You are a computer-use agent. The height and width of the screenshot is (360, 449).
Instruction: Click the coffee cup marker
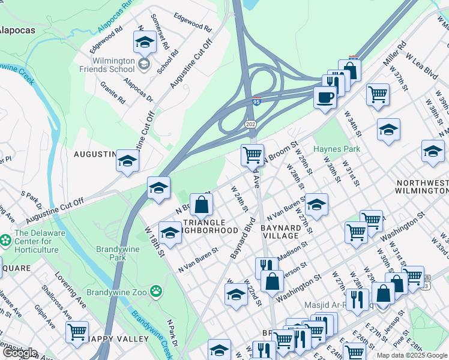click(x=325, y=97)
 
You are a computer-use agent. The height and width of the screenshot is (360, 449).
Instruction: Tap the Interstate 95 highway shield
click(x=256, y=101)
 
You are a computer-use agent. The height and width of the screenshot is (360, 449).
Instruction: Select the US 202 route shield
click(x=251, y=123)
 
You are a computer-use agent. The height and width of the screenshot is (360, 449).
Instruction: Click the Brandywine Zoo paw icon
click(x=156, y=291)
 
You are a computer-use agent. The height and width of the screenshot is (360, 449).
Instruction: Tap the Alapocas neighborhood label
click(x=17, y=30)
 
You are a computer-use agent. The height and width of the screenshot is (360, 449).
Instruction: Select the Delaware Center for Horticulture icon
click(x=5, y=239)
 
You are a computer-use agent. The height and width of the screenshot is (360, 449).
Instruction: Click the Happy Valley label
click(x=118, y=339)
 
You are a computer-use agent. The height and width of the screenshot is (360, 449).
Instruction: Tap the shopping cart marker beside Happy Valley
click(x=77, y=332)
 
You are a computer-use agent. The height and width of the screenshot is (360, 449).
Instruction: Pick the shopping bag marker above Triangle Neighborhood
click(x=202, y=205)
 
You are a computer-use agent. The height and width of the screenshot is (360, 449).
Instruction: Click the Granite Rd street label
click(x=112, y=92)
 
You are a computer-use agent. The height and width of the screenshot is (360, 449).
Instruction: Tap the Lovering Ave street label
click(x=70, y=290)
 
